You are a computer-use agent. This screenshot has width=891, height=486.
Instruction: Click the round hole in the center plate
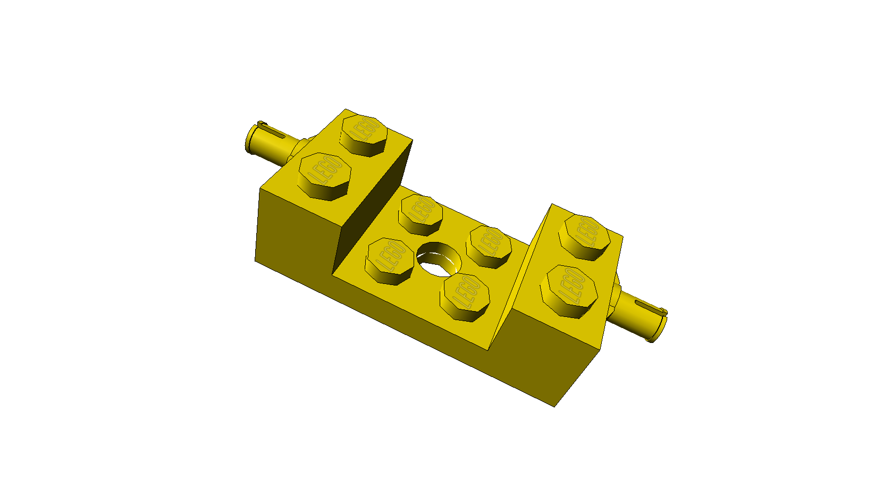[439, 259]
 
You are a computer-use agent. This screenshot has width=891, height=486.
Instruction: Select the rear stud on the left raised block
[363, 135]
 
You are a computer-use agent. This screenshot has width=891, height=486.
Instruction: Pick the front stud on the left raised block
[324, 177]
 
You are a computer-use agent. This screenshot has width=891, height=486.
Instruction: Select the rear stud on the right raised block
[584, 238]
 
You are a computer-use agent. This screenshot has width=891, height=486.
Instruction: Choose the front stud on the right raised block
[569, 291]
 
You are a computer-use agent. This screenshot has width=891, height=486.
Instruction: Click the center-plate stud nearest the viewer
[465, 297]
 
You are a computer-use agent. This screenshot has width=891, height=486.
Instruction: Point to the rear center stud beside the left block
[421, 215]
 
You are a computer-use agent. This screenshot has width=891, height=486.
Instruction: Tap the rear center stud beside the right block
[489, 247]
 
